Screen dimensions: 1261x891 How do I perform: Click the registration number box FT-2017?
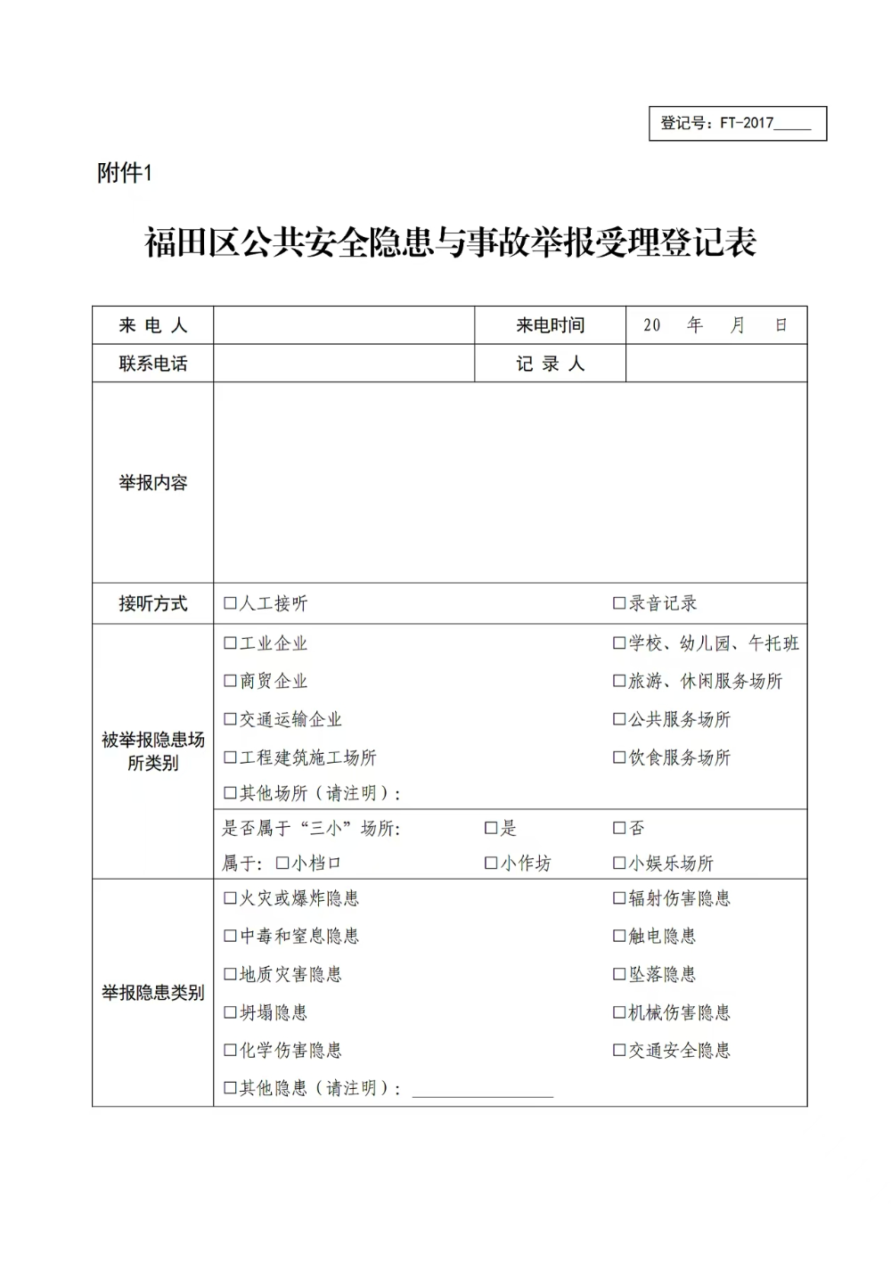point(737,124)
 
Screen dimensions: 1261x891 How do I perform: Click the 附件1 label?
point(125,173)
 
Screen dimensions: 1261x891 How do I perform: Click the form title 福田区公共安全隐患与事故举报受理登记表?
point(450,243)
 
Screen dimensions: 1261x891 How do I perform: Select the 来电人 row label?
point(153,326)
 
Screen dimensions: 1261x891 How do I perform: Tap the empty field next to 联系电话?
point(344,364)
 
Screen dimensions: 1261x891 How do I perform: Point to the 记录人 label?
point(550,364)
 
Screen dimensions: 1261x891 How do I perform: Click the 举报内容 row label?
point(153,483)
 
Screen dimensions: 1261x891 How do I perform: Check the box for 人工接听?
point(230,604)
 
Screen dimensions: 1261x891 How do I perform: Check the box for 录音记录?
point(619,603)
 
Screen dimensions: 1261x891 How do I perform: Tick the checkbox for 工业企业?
point(230,643)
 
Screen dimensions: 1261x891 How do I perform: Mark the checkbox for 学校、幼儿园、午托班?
point(619,643)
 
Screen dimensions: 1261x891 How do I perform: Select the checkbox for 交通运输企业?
point(230,719)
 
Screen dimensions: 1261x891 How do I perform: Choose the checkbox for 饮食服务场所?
point(619,757)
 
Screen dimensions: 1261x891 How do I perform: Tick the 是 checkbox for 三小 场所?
point(490,828)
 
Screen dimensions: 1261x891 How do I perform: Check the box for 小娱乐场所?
point(619,863)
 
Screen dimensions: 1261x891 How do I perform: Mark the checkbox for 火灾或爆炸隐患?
point(230,898)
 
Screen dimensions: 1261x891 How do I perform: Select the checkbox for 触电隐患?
point(619,936)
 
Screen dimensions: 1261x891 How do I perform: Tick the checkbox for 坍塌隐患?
point(230,1012)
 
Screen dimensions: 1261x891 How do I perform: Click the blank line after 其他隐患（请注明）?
point(482,1089)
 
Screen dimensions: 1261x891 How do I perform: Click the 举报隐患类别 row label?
point(153,993)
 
